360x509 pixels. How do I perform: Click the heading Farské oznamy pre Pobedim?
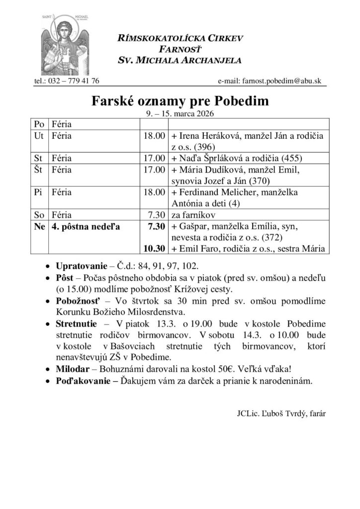point(180,101)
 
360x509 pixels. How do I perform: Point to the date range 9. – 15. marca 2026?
point(180,113)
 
